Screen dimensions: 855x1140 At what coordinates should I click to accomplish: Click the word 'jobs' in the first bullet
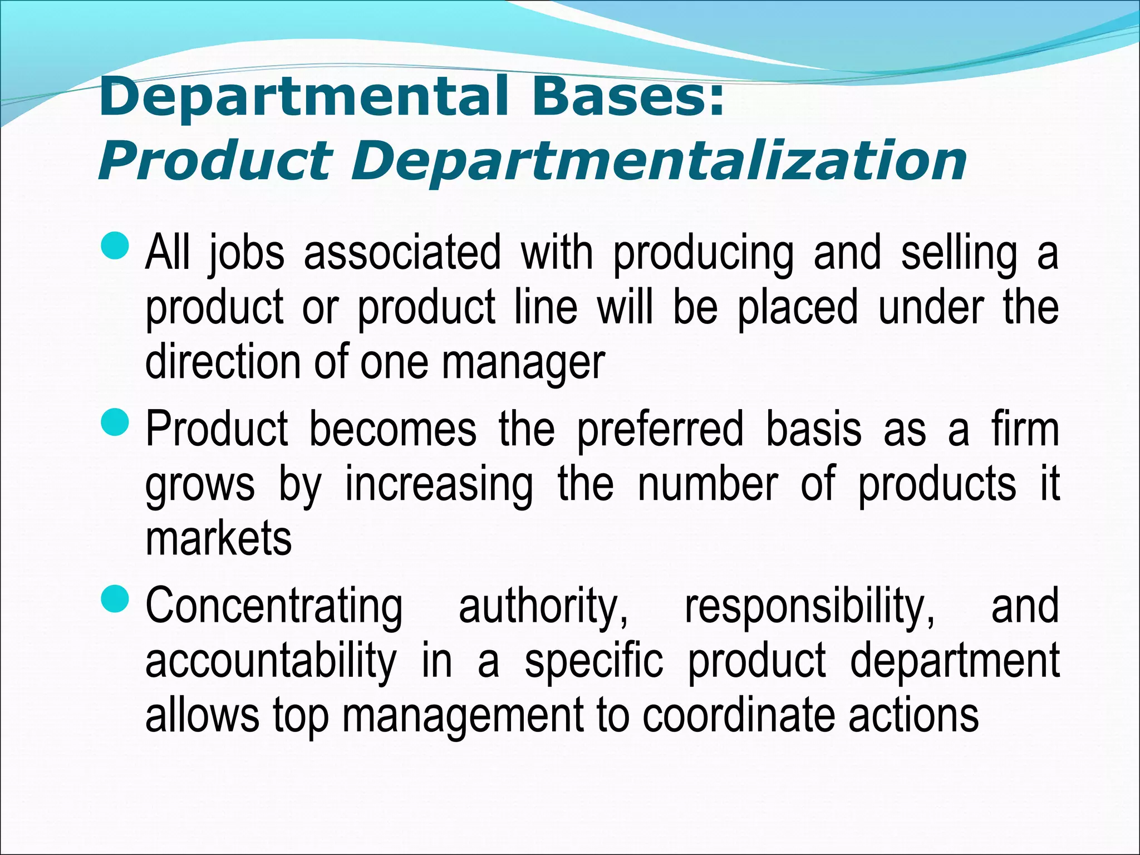coord(247,254)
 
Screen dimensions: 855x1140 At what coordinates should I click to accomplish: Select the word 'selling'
coord(959,254)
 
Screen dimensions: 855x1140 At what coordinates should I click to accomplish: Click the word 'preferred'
coord(660,430)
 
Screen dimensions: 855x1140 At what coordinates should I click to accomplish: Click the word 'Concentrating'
coord(274,607)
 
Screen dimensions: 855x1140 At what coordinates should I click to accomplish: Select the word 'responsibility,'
coord(810,607)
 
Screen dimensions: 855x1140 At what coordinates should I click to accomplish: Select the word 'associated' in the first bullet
coord(402,254)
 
